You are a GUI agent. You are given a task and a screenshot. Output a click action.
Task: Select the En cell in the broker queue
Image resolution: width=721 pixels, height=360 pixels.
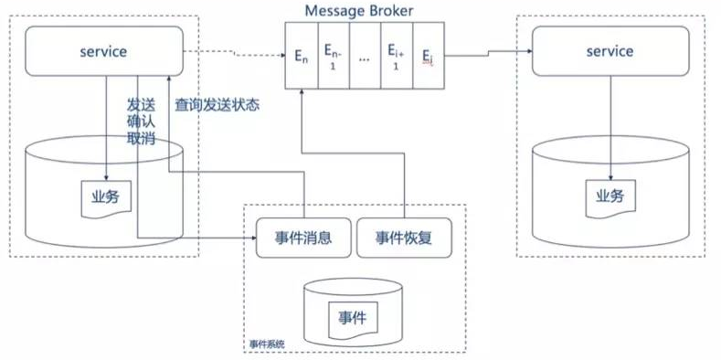tap(302, 57)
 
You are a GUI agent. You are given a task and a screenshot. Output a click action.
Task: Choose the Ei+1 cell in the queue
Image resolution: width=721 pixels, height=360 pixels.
tap(396, 57)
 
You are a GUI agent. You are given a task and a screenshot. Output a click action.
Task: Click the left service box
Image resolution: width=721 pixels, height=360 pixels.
tap(103, 51)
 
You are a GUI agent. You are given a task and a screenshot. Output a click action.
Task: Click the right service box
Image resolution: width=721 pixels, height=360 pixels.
tap(610, 51)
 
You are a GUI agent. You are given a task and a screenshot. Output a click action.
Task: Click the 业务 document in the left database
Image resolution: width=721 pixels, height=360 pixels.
tap(105, 196)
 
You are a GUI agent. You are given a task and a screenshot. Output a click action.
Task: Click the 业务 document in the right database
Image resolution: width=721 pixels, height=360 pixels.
tap(609, 196)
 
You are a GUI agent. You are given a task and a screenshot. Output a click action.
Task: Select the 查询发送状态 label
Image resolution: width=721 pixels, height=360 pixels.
tap(217, 105)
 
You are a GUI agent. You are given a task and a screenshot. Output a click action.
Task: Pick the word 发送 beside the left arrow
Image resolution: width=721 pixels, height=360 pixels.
tap(142, 103)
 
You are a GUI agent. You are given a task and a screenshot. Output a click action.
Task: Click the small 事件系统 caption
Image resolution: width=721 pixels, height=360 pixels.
tap(267, 344)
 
